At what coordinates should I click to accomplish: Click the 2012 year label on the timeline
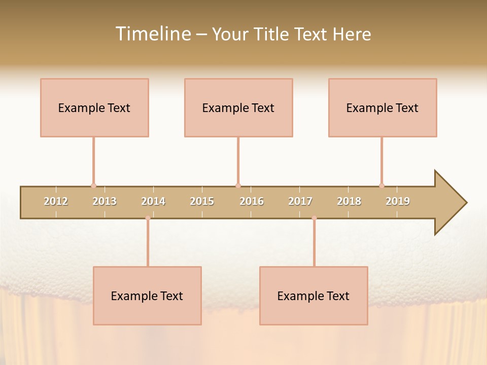[56, 201]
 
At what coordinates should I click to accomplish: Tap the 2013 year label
[105, 201]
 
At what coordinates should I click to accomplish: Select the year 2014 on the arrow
[153, 201]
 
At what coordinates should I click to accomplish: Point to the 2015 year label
[202, 201]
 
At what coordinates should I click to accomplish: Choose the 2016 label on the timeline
[252, 201]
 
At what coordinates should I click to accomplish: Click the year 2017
[300, 201]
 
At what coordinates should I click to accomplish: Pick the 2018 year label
[349, 201]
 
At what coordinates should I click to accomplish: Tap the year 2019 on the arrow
[398, 201]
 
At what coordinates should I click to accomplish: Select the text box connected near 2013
[94, 107]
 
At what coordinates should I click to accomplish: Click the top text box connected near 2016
[238, 107]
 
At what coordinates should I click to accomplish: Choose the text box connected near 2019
[382, 107]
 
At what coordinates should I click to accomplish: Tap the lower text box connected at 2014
[147, 296]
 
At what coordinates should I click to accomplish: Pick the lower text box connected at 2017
[314, 296]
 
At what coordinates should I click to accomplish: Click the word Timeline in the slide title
[152, 34]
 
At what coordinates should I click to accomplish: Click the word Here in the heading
[352, 34]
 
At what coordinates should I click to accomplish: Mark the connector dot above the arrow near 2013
[93, 186]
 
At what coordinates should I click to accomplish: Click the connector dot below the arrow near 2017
[314, 218]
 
